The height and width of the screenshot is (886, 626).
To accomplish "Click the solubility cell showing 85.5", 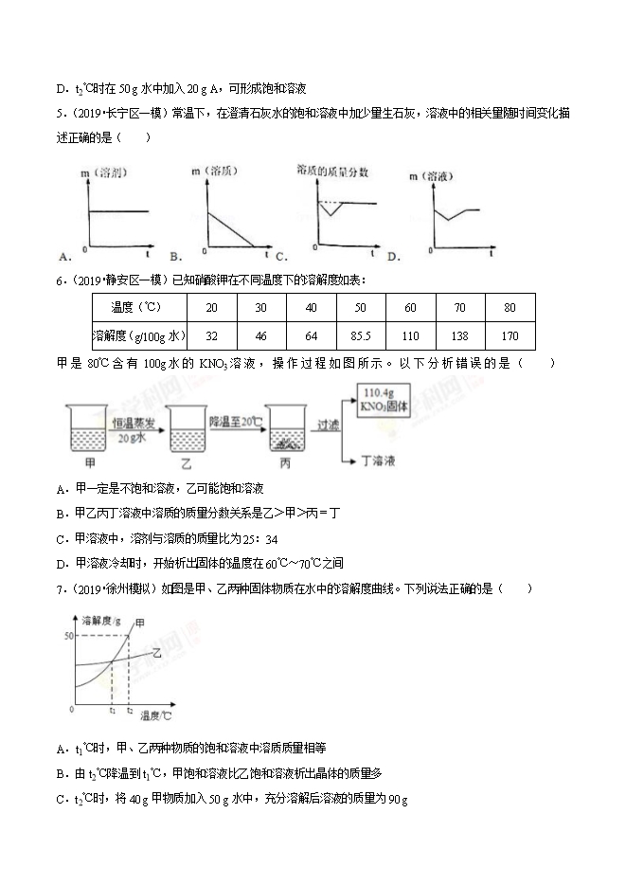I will coord(360,335).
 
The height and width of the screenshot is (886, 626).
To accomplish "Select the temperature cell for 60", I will coord(410,308).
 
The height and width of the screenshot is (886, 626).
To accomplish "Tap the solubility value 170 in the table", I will coord(510,335).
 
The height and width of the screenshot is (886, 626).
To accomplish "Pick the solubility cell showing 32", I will coord(212,335).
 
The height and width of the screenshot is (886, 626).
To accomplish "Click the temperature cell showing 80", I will coord(510,308).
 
